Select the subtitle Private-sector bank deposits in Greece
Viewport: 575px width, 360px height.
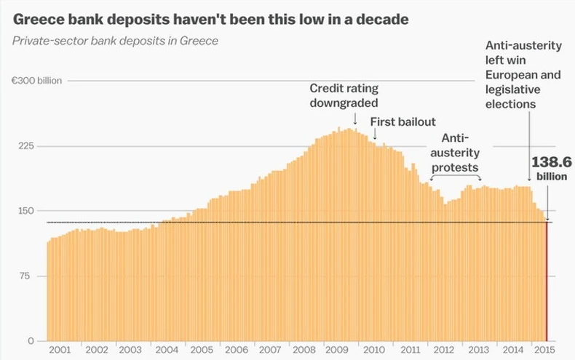click(115, 40)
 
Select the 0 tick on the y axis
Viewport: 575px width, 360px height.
click(31, 340)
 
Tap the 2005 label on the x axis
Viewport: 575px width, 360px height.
click(202, 350)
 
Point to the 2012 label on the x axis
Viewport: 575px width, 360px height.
click(445, 350)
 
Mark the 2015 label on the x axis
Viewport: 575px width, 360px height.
click(542, 350)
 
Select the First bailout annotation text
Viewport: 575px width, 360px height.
click(402, 121)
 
